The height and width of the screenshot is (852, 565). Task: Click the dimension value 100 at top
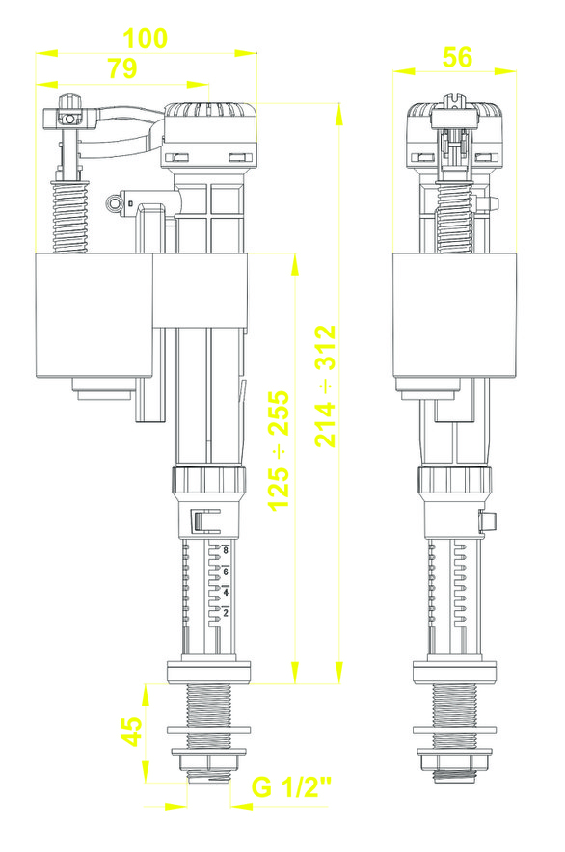click(x=146, y=38)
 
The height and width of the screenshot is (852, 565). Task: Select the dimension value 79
click(x=122, y=68)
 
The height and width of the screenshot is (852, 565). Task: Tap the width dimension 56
click(x=457, y=57)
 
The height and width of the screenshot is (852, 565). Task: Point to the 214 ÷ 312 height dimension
click(x=326, y=386)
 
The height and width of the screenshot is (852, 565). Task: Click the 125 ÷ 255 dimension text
click(x=280, y=450)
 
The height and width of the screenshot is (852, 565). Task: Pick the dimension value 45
click(x=131, y=732)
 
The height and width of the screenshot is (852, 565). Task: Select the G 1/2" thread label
click(x=291, y=787)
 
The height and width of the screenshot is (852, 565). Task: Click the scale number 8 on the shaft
click(x=226, y=551)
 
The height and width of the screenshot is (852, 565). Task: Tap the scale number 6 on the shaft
click(x=226, y=572)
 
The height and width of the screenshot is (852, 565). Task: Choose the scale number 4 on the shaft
click(x=226, y=593)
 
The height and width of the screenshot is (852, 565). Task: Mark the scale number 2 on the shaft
click(x=226, y=613)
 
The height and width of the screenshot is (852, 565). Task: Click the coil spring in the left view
click(x=69, y=216)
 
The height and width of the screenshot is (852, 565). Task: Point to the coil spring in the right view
click(x=455, y=218)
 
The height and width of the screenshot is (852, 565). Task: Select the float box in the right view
click(x=455, y=315)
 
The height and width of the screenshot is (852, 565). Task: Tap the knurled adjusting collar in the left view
click(x=210, y=479)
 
